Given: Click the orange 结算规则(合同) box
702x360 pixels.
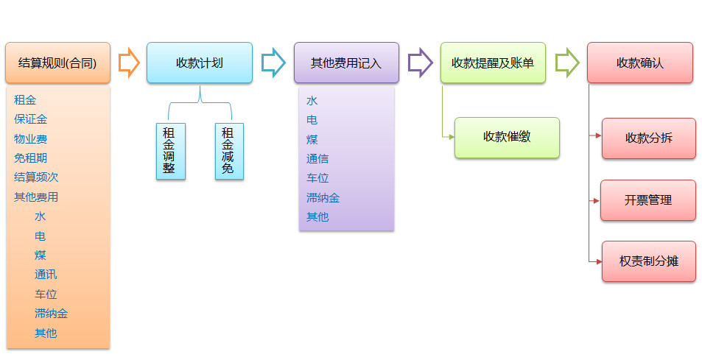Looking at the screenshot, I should pyautogui.click(x=57, y=63).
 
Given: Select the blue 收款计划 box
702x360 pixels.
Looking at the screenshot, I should pyautogui.click(x=199, y=63).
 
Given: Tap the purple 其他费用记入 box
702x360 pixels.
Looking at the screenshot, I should pyautogui.click(x=346, y=63).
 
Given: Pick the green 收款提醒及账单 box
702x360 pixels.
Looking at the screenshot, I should pyautogui.click(x=493, y=63).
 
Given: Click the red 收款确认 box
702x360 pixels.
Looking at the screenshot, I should pyautogui.click(x=639, y=63).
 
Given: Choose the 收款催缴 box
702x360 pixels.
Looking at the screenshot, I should pyautogui.click(x=507, y=137).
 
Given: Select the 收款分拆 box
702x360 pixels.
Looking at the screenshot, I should pyautogui.click(x=648, y=138).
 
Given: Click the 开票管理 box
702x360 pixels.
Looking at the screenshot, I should pyautogui.click(x=648, y=200).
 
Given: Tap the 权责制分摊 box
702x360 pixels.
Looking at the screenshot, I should pyautogui.click(x=648, y=261).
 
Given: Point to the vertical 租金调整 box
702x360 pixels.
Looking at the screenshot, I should pyautogui.click(x=170, y=151).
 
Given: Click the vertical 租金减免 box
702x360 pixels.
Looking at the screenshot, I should pyautogui.click(x=228, y=151).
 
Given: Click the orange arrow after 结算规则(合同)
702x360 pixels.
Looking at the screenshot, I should pyautogui.click(x=129, y=63).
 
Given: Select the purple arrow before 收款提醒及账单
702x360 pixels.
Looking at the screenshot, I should pyautogui.click(x=420, y=63).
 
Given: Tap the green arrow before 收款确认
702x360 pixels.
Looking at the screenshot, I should pyautogui.click(x=566, y=63).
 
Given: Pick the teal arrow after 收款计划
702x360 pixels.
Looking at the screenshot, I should pyautogui.click(x=273, y=63).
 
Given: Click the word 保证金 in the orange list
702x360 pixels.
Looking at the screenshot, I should pyautogui.click(x=30, y=119).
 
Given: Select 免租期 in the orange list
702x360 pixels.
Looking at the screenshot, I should pyautogui.click(x=30, y=158).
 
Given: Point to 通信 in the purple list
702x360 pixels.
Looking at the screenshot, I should pyautogui.click(x=317, y=158).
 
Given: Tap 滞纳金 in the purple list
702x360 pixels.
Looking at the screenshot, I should pyautogui.click(x=323, y=197).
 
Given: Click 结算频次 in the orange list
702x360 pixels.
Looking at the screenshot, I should pyautogui.click(x=36, y=177).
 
